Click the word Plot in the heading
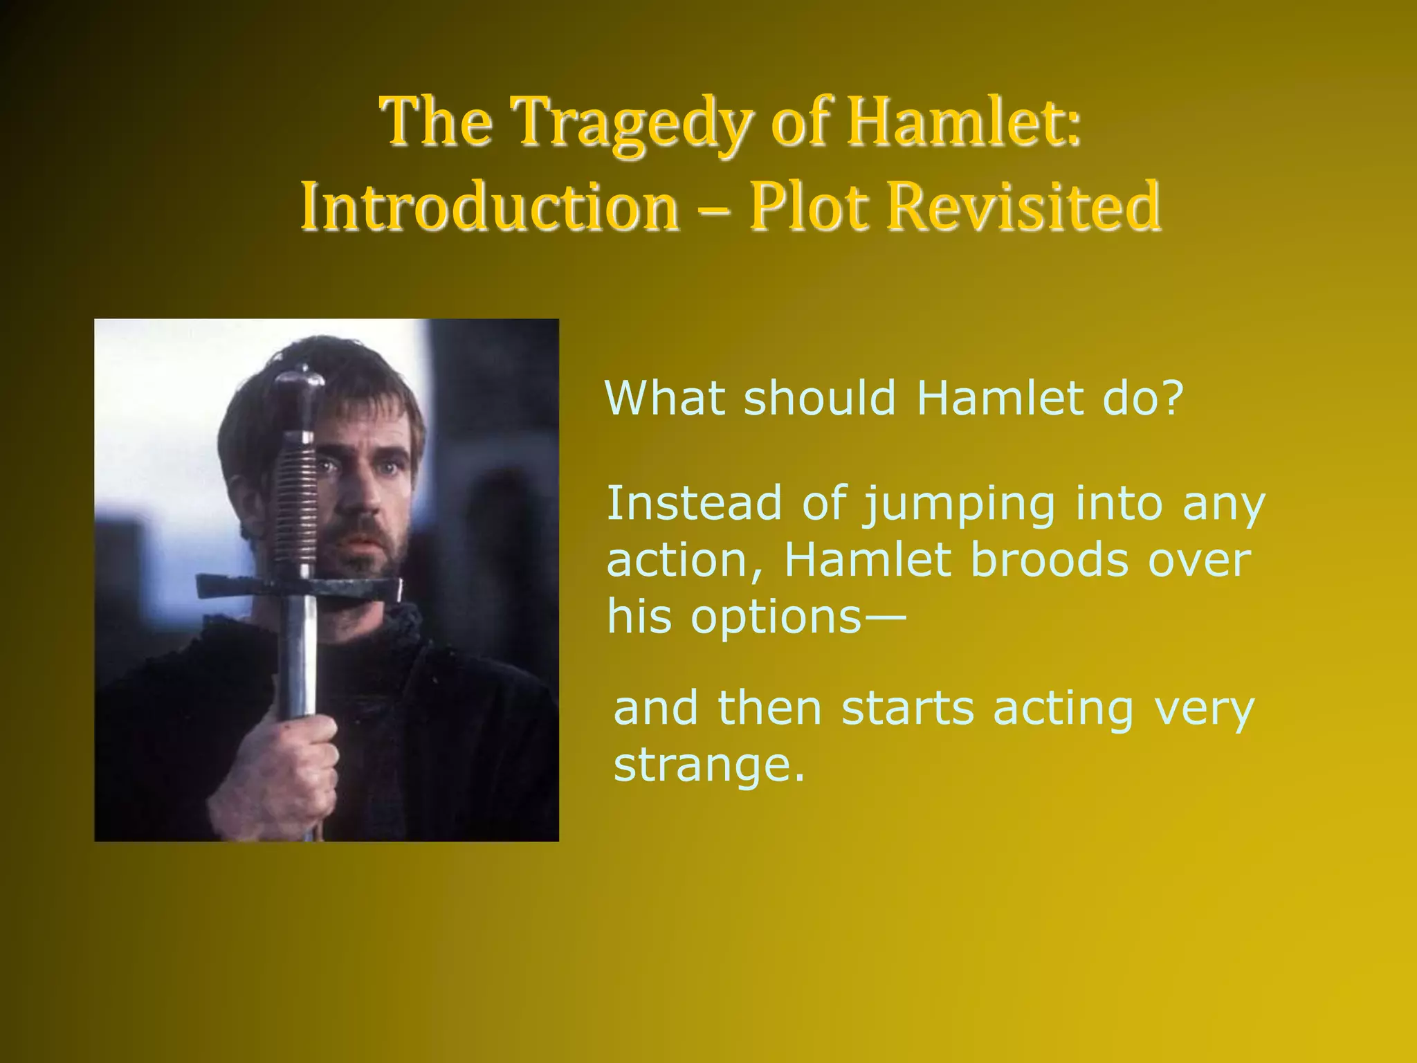coord(809,206)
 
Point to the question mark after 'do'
coord(1171,399)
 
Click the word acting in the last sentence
coord(1063,709)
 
